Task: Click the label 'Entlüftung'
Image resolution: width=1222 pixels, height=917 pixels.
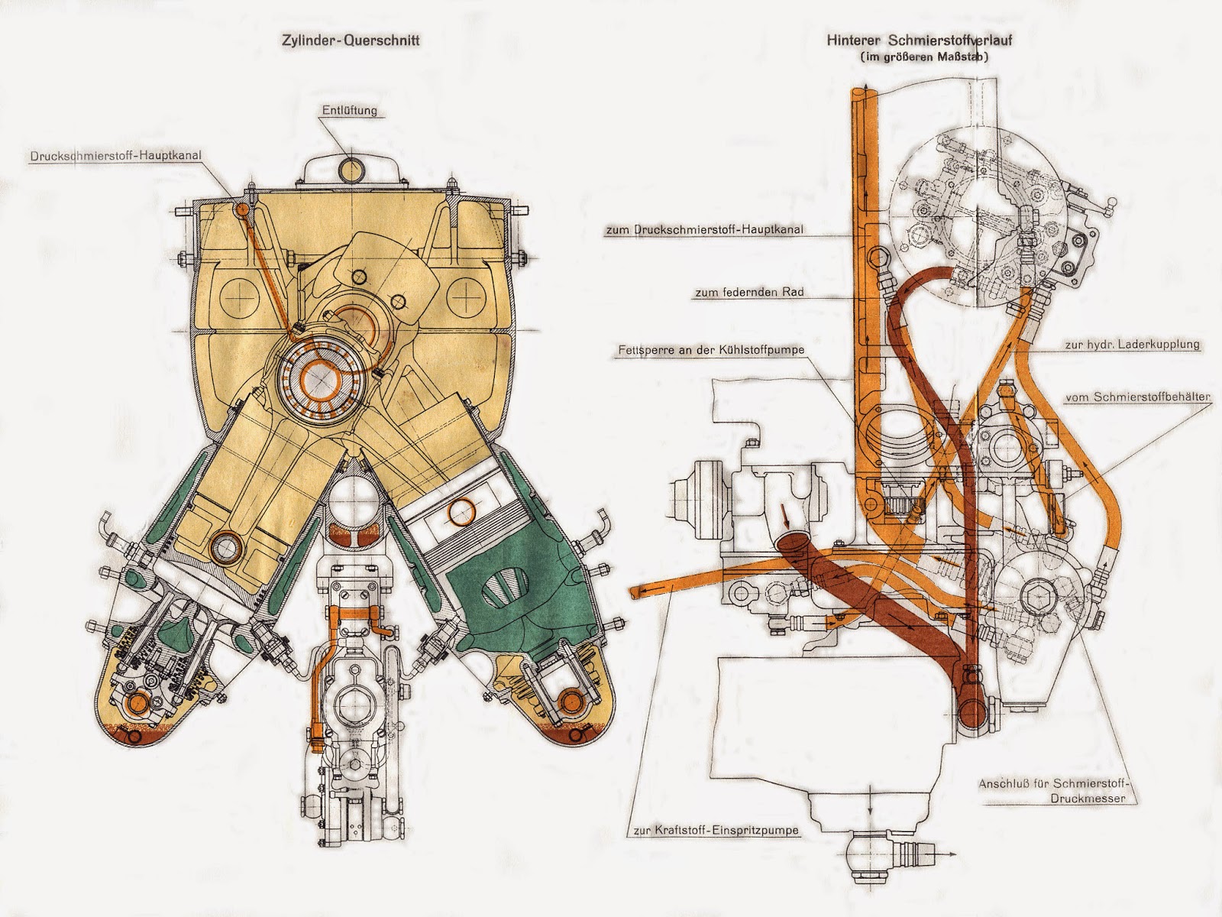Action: (349, 111)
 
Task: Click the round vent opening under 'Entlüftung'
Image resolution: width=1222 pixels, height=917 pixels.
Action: (353, 167)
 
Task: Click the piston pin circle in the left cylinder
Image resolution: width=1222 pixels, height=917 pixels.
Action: (225, 547)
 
